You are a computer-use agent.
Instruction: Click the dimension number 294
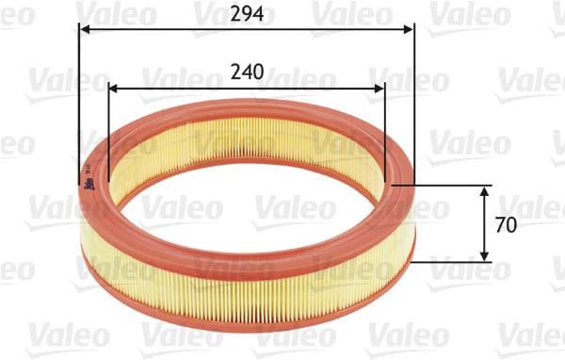(248, 12)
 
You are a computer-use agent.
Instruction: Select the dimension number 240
(247, 73)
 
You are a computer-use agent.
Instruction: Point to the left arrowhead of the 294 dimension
(85, 29)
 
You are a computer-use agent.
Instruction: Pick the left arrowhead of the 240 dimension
(115, 90)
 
